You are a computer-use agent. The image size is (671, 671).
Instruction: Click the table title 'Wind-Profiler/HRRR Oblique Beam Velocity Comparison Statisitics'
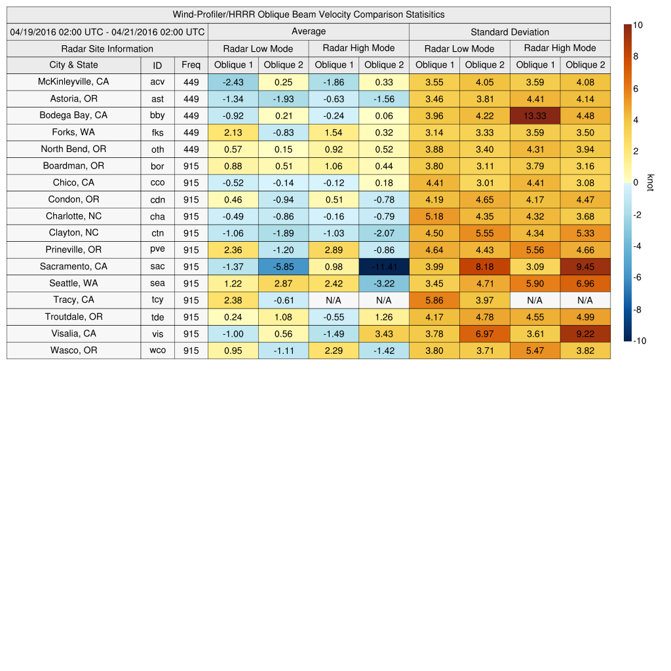coord(308,14)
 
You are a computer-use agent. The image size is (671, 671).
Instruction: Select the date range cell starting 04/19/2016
coord(107,31)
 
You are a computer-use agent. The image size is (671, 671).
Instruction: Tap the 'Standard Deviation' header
coord(510,31)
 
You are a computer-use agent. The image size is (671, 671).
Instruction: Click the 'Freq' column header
coord(191,65)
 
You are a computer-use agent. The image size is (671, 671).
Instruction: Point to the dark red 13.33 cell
coord(535,115)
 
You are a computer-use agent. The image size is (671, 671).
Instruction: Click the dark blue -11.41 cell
coord(383,267)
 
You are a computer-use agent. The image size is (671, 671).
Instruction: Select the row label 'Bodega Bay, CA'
coord(73,115)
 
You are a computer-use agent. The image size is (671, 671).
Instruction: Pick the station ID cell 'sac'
coord(157,267)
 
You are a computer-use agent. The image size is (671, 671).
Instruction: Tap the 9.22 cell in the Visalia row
coord(585,334)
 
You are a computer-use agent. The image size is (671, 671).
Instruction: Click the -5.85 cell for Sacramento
coord(283,267)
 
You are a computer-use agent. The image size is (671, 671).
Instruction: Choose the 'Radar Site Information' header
coord(107,48)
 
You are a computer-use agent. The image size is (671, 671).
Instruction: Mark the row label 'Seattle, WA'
coord(73,283)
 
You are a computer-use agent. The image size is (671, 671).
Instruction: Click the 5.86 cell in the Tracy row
coord(434,300)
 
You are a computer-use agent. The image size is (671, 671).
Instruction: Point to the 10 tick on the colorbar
coord(638,25)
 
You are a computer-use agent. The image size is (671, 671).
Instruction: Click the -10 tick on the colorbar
coord(638,341)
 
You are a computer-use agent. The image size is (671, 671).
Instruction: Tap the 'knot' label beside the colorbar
coord(650,183)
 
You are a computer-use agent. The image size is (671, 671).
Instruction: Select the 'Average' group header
coord(308,31)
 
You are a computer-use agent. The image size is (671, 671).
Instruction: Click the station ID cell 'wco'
coord(157,351)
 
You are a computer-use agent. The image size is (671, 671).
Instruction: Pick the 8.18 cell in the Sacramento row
coord(484,267)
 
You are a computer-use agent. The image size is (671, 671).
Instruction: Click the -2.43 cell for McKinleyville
coord(233,82)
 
